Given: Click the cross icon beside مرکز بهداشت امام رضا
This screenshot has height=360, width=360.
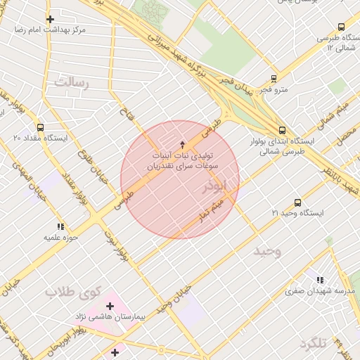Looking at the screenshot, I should [x=49, y=19].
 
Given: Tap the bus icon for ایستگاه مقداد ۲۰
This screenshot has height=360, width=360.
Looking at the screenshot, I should [x=40, y=128].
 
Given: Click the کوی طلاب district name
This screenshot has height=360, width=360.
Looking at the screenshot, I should [x=74, y=291].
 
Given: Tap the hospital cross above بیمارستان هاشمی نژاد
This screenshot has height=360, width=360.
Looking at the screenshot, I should [x=110, y=306].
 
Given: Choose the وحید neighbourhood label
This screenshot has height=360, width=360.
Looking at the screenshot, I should [x=267, y=251].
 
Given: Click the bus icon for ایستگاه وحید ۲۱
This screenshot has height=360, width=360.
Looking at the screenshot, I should [x=297, y=202].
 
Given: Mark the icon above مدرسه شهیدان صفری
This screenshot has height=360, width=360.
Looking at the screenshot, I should [x=321, y=279].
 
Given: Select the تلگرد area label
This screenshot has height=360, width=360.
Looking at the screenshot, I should [x=314, y=343].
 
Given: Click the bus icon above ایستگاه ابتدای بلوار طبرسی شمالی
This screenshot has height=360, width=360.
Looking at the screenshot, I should [x=282, y=130].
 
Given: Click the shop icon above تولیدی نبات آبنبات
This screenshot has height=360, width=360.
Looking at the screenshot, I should [x=183, y=143].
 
